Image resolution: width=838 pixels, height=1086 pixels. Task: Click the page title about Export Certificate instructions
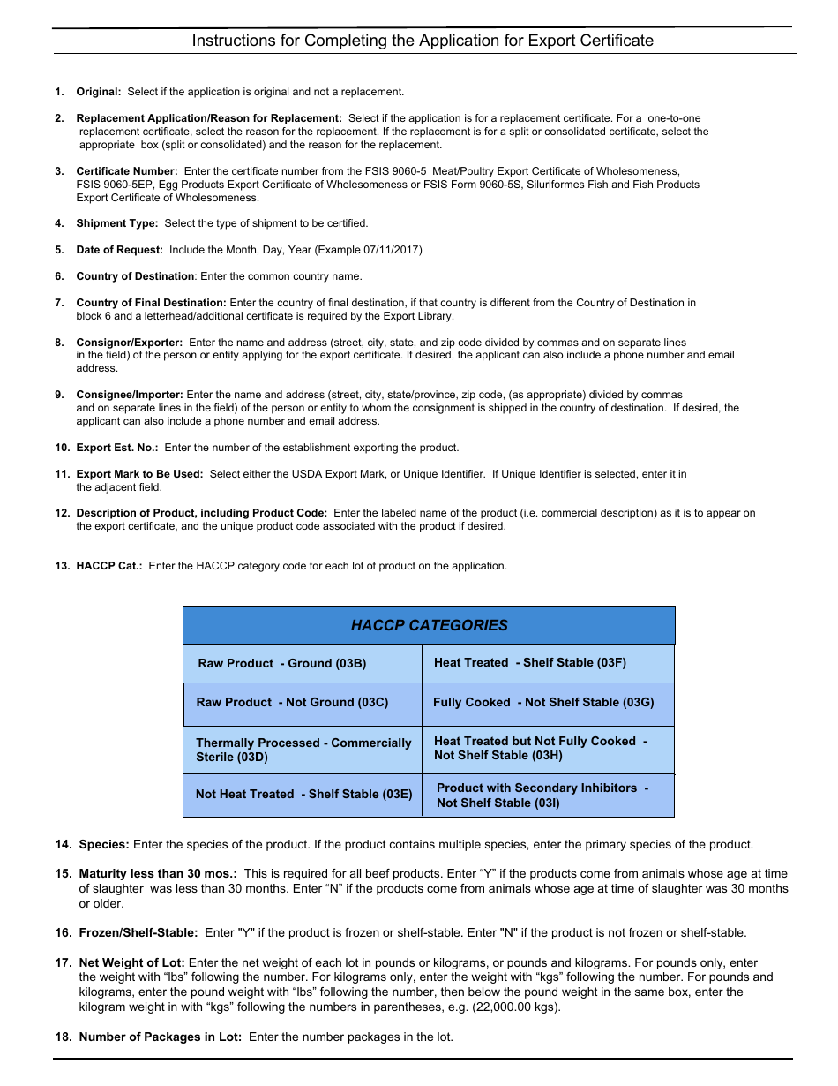[423, 41]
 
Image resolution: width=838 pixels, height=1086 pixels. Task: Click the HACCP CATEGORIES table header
[429, 625]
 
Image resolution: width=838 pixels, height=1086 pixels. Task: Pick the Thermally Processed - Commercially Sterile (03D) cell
[303, 750]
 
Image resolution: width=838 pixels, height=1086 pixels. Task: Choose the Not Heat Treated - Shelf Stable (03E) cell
[303, 794]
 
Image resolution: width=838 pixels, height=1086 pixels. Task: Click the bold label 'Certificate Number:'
[127, 171]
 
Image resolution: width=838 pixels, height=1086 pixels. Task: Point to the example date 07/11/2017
[390, 250]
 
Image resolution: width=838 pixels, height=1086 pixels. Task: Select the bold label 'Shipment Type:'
[117, 223]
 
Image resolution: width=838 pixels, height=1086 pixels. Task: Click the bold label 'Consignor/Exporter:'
[130, 342]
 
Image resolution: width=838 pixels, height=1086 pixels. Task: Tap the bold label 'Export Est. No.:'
[117, 448]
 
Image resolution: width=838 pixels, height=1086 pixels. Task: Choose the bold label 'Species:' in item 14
[104, 845]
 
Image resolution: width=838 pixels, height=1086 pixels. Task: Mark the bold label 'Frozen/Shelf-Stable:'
[138, 932]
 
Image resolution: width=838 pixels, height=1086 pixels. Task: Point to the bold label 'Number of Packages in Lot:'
[160, 1037]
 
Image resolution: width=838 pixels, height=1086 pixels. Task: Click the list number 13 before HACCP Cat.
[62, 566]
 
